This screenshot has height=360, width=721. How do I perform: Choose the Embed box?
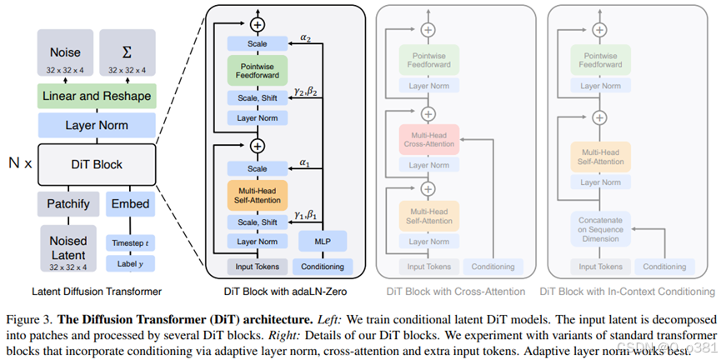[131, 203]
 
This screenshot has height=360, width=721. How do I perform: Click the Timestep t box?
[131, 242]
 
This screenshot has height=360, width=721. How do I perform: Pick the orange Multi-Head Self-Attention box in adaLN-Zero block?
[256, 196]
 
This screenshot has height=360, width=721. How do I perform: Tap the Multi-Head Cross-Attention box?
[428, 138]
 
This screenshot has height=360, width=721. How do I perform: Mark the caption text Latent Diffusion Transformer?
[97, 291]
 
